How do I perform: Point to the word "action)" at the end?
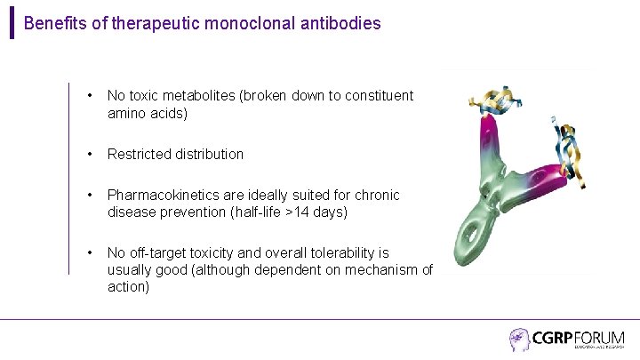(x=129, y=287)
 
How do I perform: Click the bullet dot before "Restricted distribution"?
(x=90, y=154)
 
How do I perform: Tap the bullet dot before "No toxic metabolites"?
(x=90, y=95)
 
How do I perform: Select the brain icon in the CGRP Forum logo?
(x=519, y=340)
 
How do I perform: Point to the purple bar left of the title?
(x=12, y=21)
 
